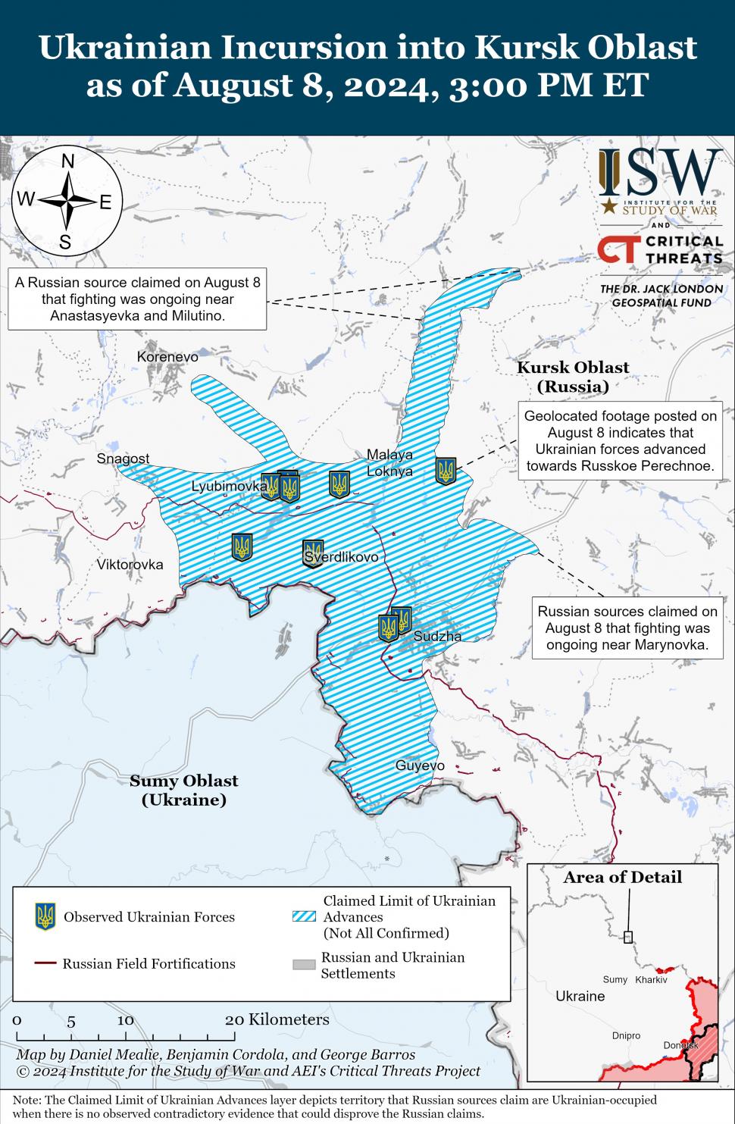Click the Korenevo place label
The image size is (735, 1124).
[x=167, y=357]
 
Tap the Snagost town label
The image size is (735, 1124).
[x=123, y=459]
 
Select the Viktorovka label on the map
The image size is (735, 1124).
[x=130, y=565]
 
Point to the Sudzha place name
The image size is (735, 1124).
[x=437, y=637]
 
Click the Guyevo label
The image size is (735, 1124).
[x=420, y=766]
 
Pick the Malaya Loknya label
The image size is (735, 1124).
[x=389, y=463]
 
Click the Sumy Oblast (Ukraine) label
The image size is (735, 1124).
[x=183, y=790]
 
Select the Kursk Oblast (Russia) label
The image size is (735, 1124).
[x=573, y=377]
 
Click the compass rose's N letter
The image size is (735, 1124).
[x=67, y=161]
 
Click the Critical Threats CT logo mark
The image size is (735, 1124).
[x=618, y=249]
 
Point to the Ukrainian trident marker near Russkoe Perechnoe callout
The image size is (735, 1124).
[x=446, y=471]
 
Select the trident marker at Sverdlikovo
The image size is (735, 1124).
[x=313, y=553]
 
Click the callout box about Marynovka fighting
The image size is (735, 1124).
[x=627, y=628]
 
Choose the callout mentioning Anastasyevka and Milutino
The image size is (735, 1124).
[x=137, y=299]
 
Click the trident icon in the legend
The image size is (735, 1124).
[x=45, y=917]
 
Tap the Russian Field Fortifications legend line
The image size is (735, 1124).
[x=45, y=963]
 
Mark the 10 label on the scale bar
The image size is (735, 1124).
[x=125, y=1020]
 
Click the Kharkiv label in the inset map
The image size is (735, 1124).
[x=651, y=979]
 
